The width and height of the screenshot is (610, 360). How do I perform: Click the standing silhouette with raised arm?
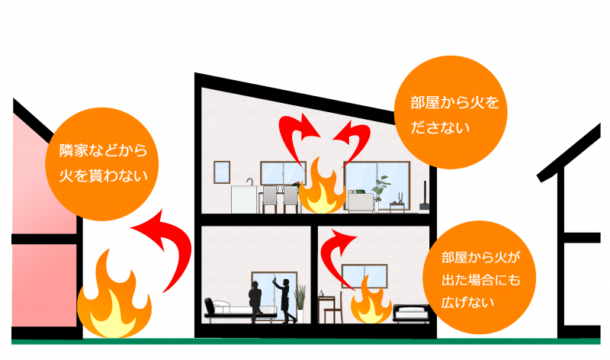[284, 298]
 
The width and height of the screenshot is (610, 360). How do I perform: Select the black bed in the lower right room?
[413, 311]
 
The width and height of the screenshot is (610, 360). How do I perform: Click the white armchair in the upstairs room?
[359, 201]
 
